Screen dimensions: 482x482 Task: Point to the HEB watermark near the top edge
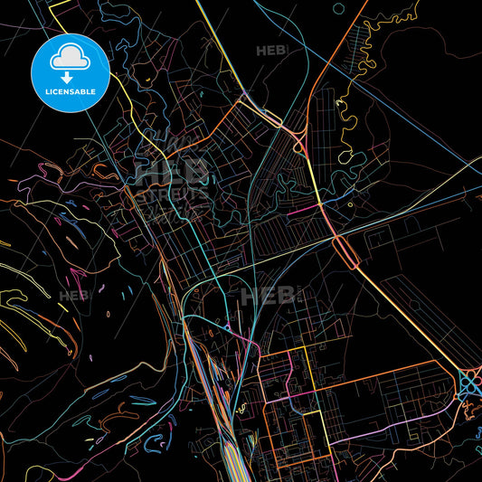(270, 52)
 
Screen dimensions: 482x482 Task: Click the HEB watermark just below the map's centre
(262, 296)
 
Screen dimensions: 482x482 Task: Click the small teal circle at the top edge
(338, 8)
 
